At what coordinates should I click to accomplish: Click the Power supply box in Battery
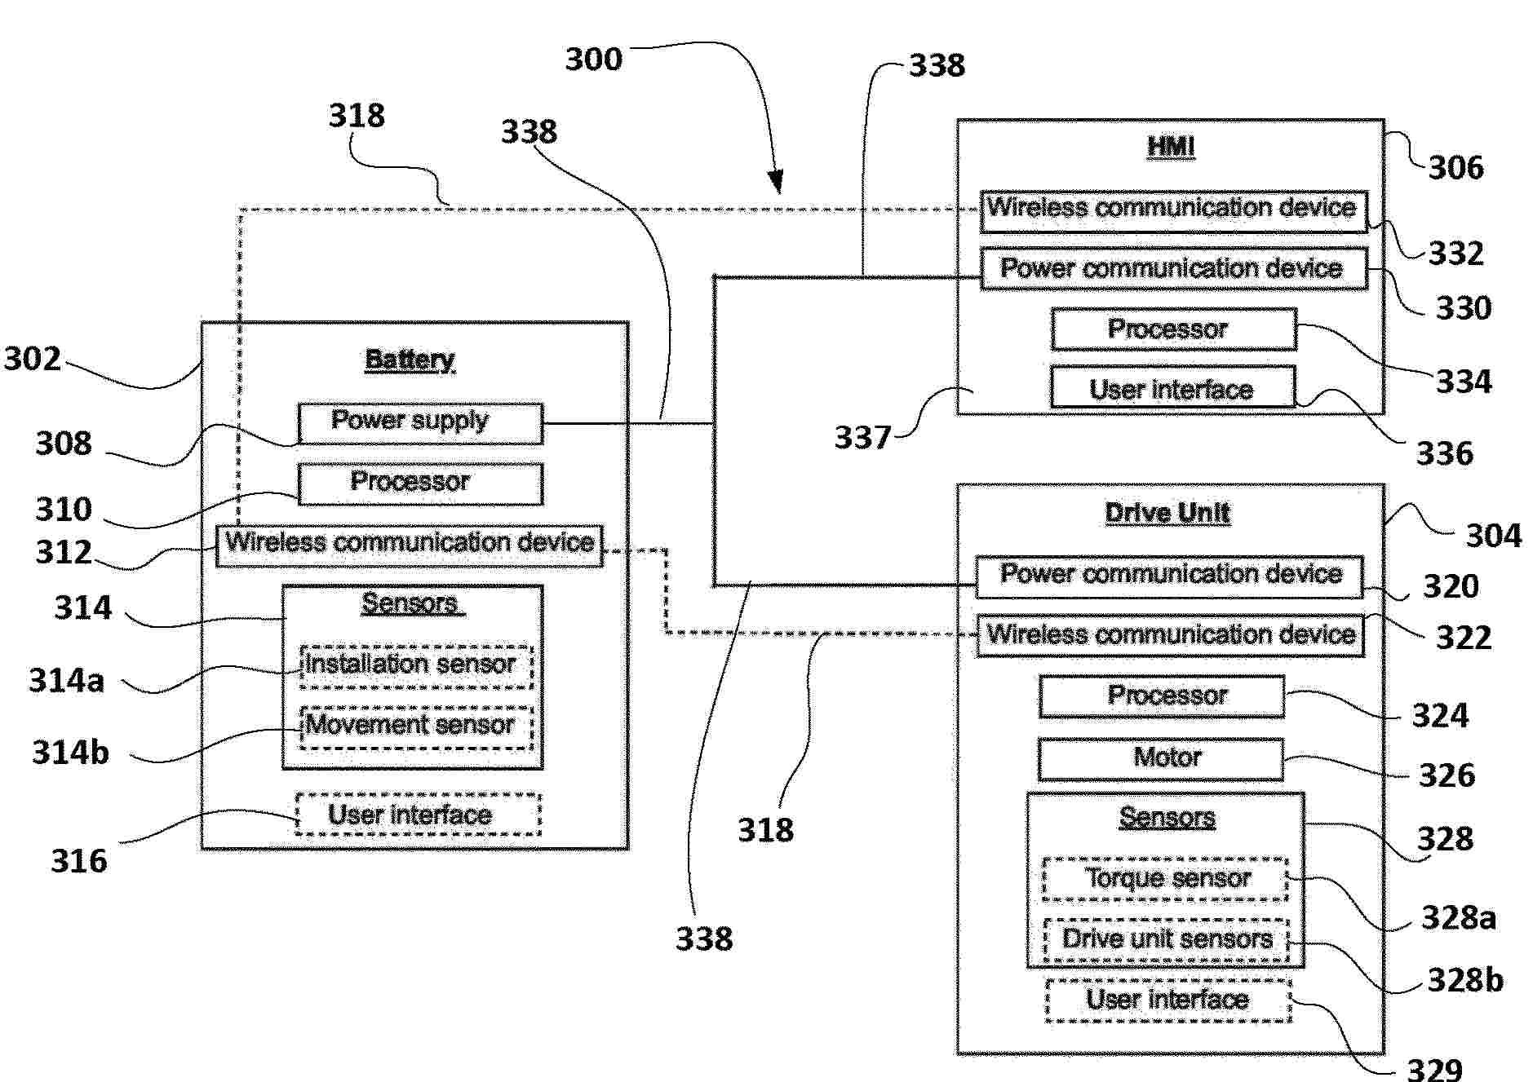420,423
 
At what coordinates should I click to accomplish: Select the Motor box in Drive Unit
1160,759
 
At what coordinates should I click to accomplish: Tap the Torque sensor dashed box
1166,879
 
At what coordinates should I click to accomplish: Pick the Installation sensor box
416,665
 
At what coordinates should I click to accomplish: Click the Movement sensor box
416,726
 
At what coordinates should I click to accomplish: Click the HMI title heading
1171,147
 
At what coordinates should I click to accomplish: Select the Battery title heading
410,360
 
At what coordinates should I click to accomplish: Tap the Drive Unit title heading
1167,513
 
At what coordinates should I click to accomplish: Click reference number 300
594,59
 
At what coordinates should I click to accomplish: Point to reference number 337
862,438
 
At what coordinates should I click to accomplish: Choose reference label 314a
67,680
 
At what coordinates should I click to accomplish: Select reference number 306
1456,168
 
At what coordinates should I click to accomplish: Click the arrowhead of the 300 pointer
776,183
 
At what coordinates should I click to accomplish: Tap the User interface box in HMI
1172,388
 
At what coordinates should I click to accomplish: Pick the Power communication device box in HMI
1173,269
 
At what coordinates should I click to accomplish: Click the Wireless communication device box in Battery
410,545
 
